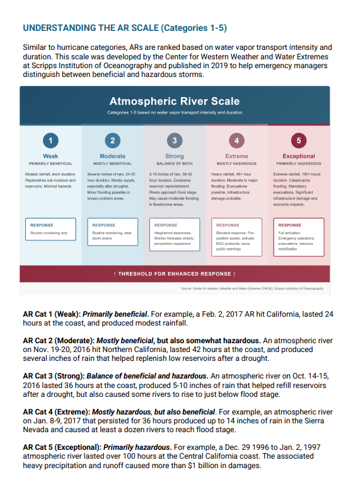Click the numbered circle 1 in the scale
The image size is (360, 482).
(51, 139)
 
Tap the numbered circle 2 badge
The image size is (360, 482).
(112, 139)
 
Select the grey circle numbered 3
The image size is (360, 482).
(175, 139)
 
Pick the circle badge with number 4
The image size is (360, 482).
(236, 139)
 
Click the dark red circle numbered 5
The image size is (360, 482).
(299, 139)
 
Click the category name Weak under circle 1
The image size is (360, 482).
(51, 156)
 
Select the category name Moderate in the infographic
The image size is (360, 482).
(112, 156)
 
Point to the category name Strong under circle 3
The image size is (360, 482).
(175, 156)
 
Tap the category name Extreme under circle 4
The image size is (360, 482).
(236, 156)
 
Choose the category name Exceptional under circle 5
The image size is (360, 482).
(299, 156)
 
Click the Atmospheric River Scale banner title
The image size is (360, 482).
(174, 101)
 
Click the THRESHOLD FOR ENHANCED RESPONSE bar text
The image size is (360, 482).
(174, 274)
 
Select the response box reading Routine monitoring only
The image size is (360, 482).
(50, 228)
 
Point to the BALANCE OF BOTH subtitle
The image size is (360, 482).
(175, 163)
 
